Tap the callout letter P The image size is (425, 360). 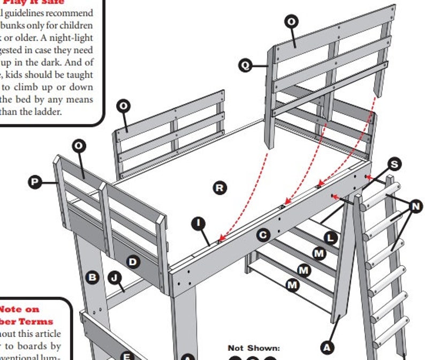34,182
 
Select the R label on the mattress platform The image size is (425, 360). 219,187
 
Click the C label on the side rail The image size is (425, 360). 263,234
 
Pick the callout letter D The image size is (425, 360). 133,261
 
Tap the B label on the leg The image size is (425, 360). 93,277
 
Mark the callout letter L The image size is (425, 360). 331,237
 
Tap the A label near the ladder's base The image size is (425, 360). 327,347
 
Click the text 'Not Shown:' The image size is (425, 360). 254,348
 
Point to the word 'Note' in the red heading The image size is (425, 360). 11,309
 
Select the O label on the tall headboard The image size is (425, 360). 292,22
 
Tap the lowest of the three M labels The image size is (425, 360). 292,285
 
